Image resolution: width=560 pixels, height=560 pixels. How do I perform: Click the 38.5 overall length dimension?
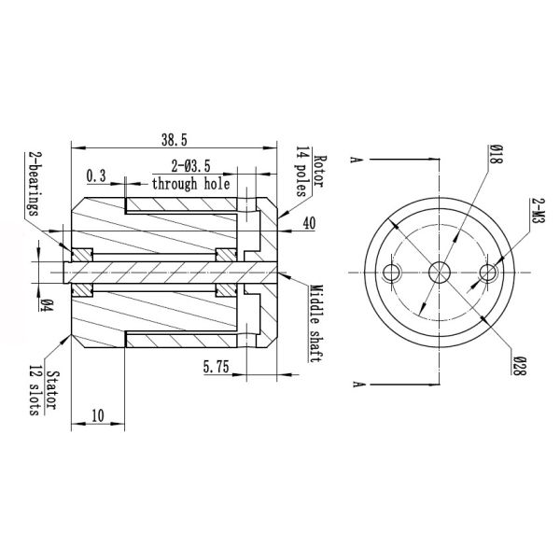[175, 139]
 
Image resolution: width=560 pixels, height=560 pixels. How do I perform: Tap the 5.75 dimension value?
[217, 369]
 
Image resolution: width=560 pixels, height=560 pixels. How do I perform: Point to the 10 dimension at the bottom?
[97, 415]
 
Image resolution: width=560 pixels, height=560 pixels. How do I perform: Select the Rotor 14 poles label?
[310, 174]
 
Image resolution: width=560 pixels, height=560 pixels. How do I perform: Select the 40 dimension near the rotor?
[309, 224]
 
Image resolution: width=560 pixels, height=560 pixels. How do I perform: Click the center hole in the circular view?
[440, 272]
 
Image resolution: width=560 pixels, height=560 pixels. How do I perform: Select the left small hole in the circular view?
[393, 272]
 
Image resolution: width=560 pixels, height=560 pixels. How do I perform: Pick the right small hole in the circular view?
[486, 272]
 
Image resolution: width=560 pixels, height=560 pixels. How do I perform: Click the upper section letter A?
[356, 160]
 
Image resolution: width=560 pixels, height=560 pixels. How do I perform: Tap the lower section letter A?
[356, 384]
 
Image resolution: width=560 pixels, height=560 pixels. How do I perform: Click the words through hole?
[191, 185]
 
